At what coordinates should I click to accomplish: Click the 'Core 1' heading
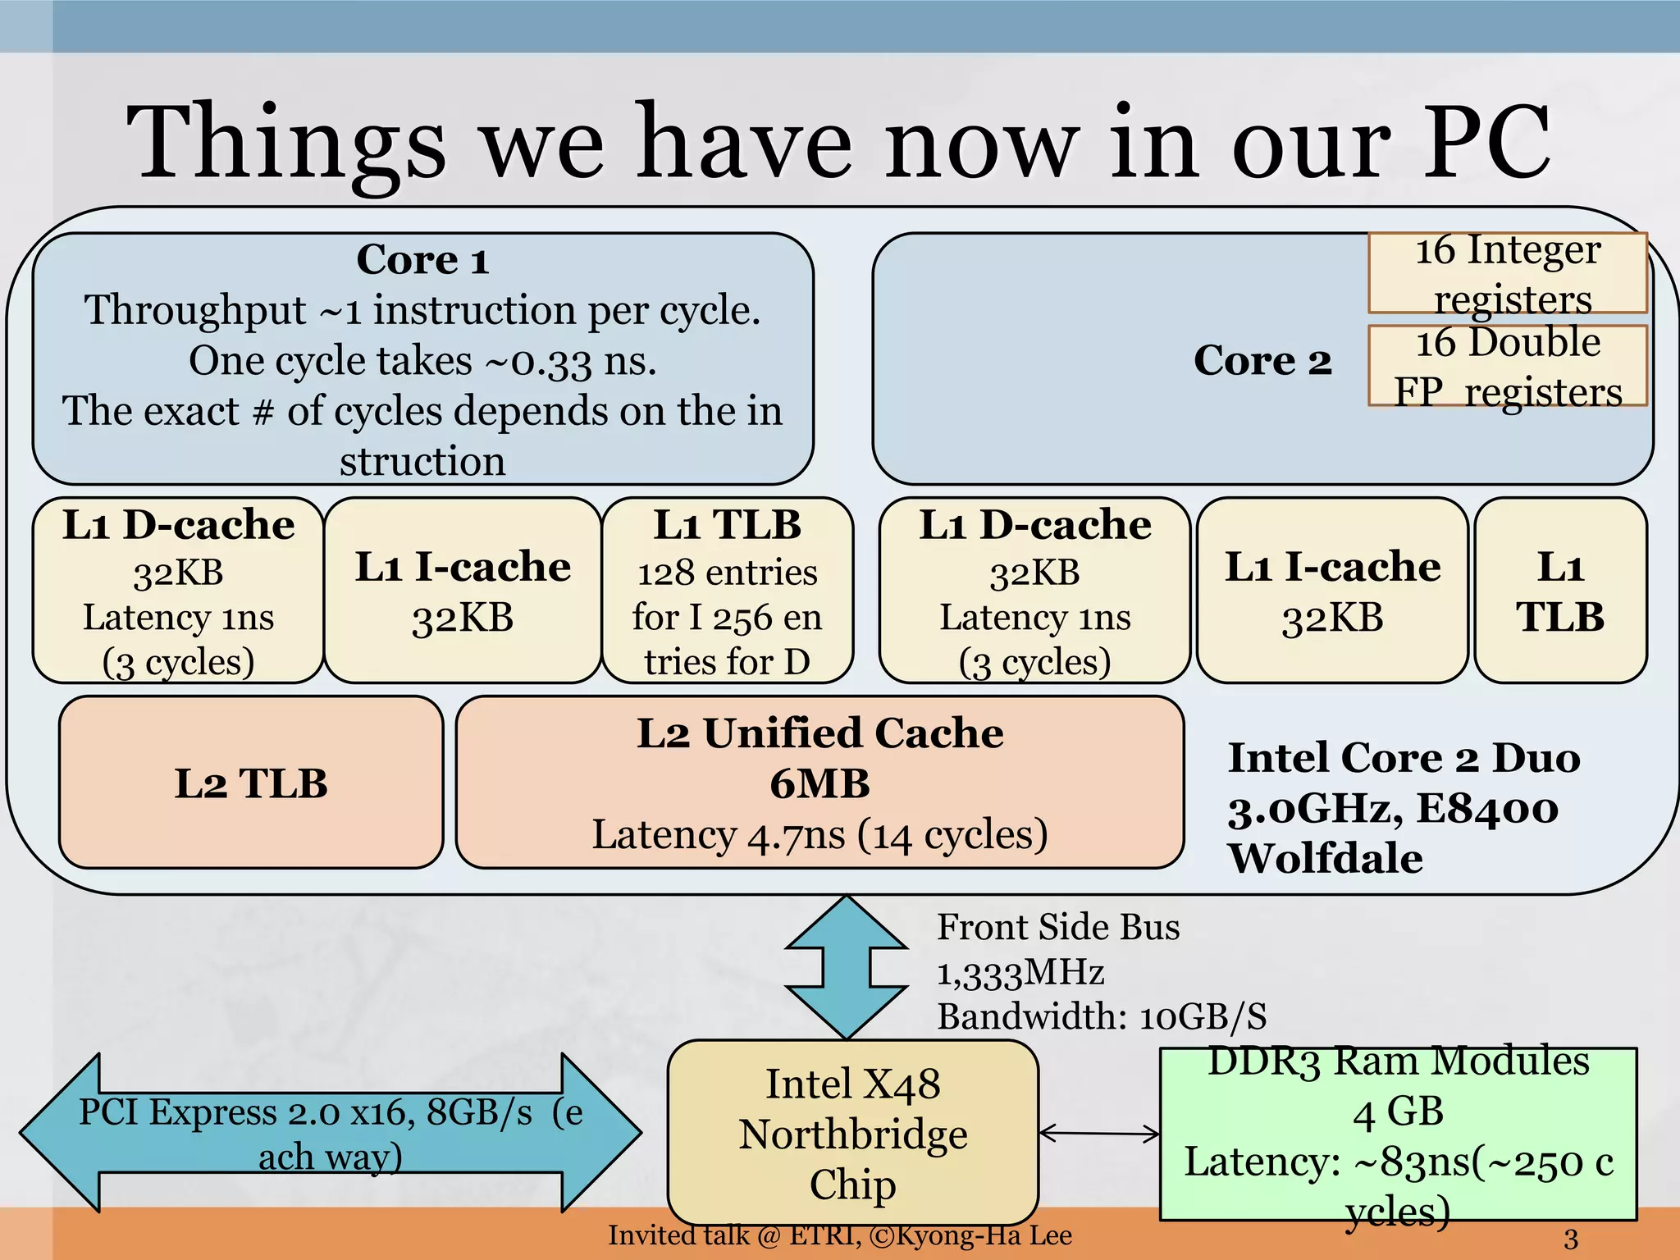click(x=422, y=260)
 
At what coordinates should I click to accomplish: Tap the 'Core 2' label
click(x=1262, y=360)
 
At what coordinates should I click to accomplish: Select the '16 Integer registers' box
click(x=1508, y=273)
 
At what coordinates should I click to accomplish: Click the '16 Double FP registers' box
click(x=1508, y=366)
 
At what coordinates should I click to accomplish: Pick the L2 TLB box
click(x=251, y=783)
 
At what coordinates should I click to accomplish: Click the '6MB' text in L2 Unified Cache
click(x=819, y=783)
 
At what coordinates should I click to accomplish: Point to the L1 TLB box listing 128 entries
click(x=728, y=591)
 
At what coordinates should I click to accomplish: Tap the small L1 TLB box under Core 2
click(x=1560, y=591)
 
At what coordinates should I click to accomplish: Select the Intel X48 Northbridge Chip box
click(x=853, y=1133)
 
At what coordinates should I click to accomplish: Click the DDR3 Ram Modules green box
click(x=1398, y=1134)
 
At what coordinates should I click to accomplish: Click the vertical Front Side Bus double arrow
click(x=847, y=968)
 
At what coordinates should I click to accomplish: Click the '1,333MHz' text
click(x=1020, y=973)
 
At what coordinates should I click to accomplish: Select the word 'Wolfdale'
click(x=1325, y=859)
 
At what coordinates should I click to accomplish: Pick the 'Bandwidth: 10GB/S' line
click(x=1101, y=1017)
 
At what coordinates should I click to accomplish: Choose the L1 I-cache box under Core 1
click(x=463, y=591)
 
